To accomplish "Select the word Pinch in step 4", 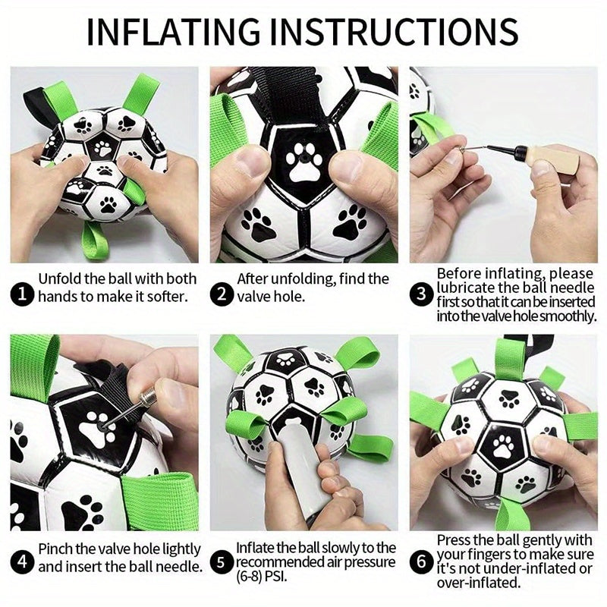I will click(56, 548).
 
